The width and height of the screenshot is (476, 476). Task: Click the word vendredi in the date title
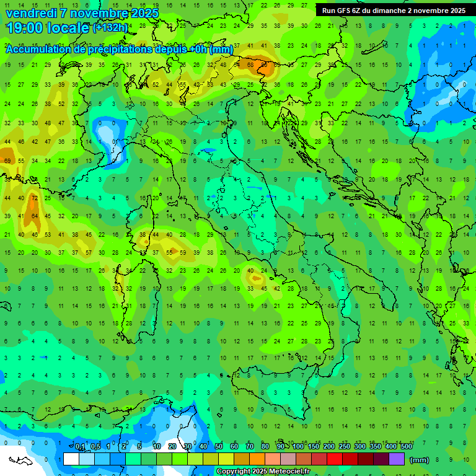(31, 13)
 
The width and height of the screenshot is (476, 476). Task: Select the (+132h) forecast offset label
(110, 28)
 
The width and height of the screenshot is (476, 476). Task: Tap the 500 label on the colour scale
(406, 447)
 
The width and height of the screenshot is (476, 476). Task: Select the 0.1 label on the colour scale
(80, 447)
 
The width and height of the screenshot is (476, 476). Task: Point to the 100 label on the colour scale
(298, 447)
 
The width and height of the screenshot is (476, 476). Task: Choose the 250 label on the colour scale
(345, 447)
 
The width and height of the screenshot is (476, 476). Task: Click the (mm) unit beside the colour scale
(420, 460)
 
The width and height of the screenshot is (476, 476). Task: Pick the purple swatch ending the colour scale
(397, 459)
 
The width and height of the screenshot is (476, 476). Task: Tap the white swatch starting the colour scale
(71, 459)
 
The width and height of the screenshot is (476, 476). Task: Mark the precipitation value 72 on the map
(35, 198)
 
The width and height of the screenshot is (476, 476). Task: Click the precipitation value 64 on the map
(35, 216)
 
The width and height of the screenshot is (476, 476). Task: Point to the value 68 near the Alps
(250, 64)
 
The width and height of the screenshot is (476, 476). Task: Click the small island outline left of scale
(20, 461)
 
